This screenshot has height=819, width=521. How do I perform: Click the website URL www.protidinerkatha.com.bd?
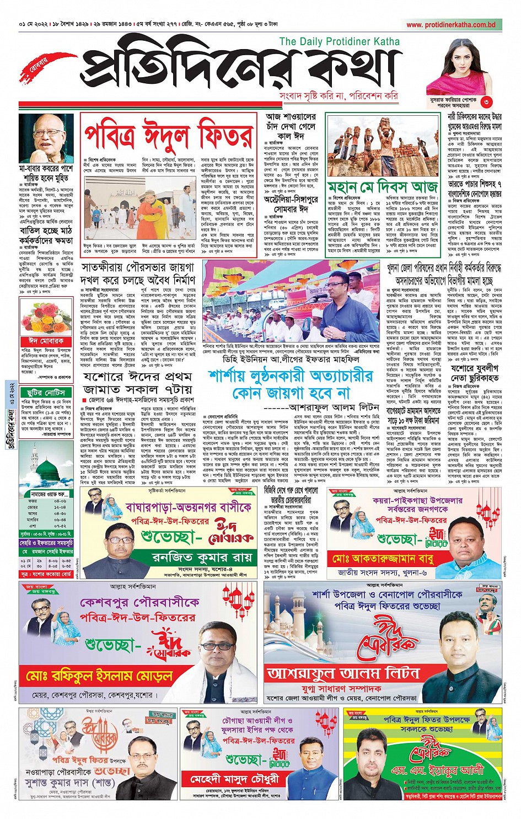point(451,25)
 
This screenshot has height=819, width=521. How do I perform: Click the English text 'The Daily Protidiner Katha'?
point(339,41)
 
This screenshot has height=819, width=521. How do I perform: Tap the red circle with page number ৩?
point(486,101)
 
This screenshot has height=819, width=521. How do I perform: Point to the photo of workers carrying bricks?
point(382,145)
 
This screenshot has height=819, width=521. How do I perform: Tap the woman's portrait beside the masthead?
point(461,66)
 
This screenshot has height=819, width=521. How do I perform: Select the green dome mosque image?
point(47,470)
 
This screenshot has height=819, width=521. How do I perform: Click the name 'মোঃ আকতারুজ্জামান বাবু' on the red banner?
point(390,559)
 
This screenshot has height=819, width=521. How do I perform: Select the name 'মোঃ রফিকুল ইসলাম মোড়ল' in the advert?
point(99,675)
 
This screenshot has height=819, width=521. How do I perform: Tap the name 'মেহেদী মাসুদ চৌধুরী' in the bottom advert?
point(234,779)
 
